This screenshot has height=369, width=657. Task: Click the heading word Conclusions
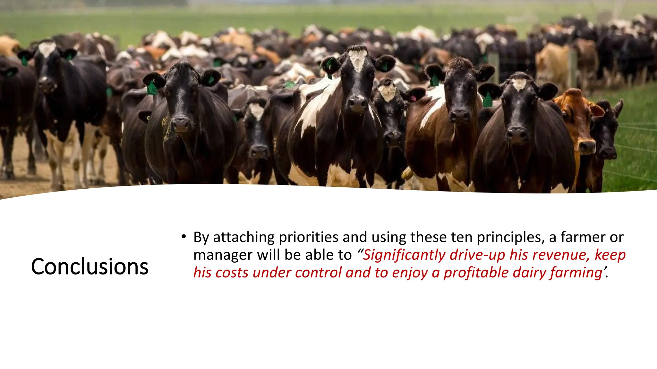click(90, 266)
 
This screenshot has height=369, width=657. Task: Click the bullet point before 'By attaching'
click(183, 237)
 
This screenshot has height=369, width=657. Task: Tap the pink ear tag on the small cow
click(413, 98)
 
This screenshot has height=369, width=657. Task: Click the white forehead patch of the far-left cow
click(47, 49)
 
